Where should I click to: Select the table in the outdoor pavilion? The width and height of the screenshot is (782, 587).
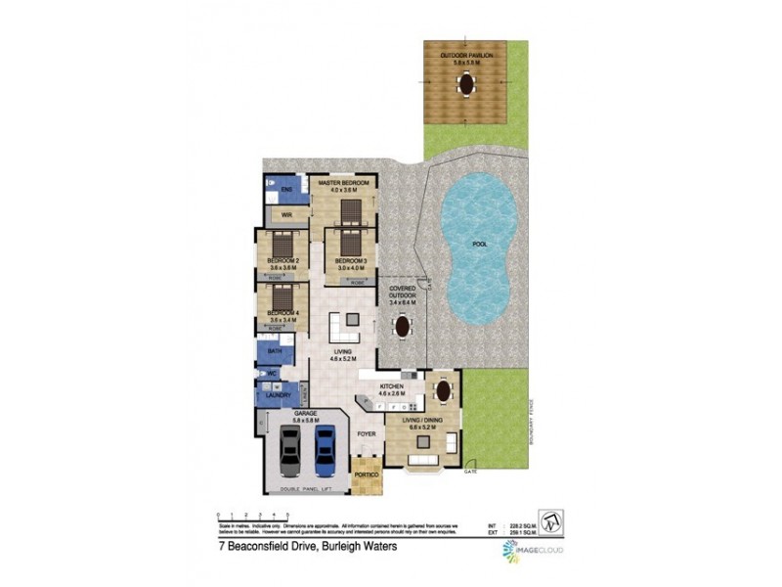[465, 85]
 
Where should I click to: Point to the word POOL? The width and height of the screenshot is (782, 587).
[479, 245]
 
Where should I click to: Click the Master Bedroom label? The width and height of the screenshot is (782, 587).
[342, 184]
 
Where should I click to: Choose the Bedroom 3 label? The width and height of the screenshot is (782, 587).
[350, 260]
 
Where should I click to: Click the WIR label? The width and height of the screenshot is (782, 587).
[287, 215]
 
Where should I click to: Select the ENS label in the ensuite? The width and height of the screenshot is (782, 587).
[286, 189]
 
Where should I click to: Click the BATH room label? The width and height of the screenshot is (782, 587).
[275, 350]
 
